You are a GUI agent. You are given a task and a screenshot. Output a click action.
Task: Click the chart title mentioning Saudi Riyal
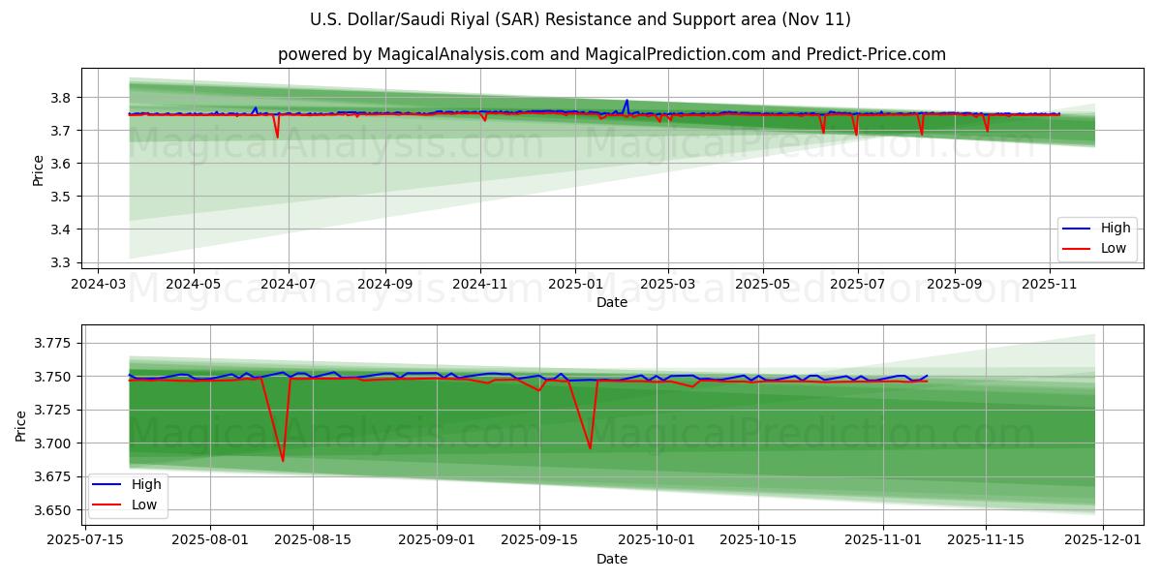[580, 19]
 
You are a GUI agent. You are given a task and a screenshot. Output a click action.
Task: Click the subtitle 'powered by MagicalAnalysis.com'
[611, 54]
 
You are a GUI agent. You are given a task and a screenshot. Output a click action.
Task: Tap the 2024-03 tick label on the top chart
[98, 286]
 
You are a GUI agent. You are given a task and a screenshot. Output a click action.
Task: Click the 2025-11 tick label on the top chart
[1050, 286]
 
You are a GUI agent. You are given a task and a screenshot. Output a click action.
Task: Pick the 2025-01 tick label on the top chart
[574, 286]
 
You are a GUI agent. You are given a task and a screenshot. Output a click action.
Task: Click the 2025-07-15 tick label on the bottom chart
[85, 540]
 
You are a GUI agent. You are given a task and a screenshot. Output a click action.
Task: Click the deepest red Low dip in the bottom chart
[283, 460]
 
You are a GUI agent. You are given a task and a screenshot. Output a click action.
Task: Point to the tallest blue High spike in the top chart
[627, 100]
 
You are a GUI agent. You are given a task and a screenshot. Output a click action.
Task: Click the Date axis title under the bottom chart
[611, 559]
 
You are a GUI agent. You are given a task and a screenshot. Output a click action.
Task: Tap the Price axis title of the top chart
[38, 170]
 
